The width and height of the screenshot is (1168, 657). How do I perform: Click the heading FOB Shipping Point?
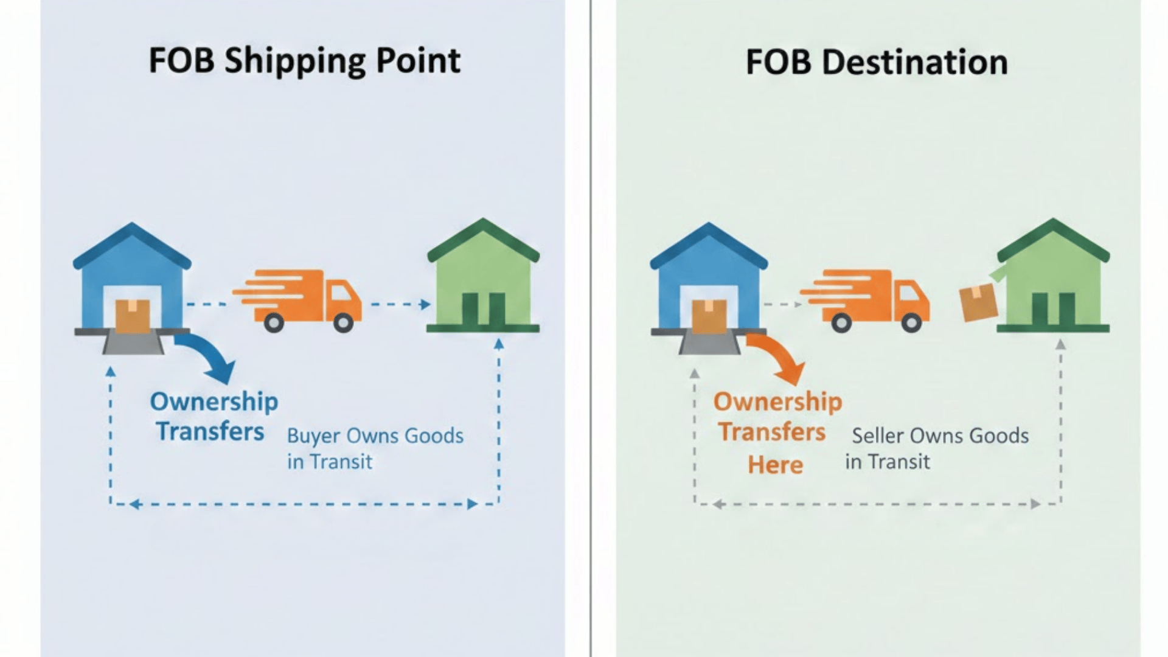pos(304,61)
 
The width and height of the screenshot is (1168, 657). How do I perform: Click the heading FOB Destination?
pos(877,62)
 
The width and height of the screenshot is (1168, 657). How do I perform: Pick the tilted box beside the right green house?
pos(978,303)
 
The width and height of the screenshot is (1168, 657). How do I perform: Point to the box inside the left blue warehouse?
pos(133,315)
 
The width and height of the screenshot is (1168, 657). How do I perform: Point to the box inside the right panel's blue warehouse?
pos(709,315)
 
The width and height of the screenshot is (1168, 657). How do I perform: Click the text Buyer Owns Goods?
pos(375,436)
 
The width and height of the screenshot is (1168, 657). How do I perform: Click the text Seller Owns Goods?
pos(940,436)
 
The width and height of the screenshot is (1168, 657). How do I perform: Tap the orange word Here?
pos(776,465)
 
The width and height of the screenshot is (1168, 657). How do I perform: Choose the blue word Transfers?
pos(210,431)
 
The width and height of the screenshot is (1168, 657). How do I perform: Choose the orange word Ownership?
pos(777,401)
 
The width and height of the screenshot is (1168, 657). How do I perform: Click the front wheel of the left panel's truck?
pos(344,322)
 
